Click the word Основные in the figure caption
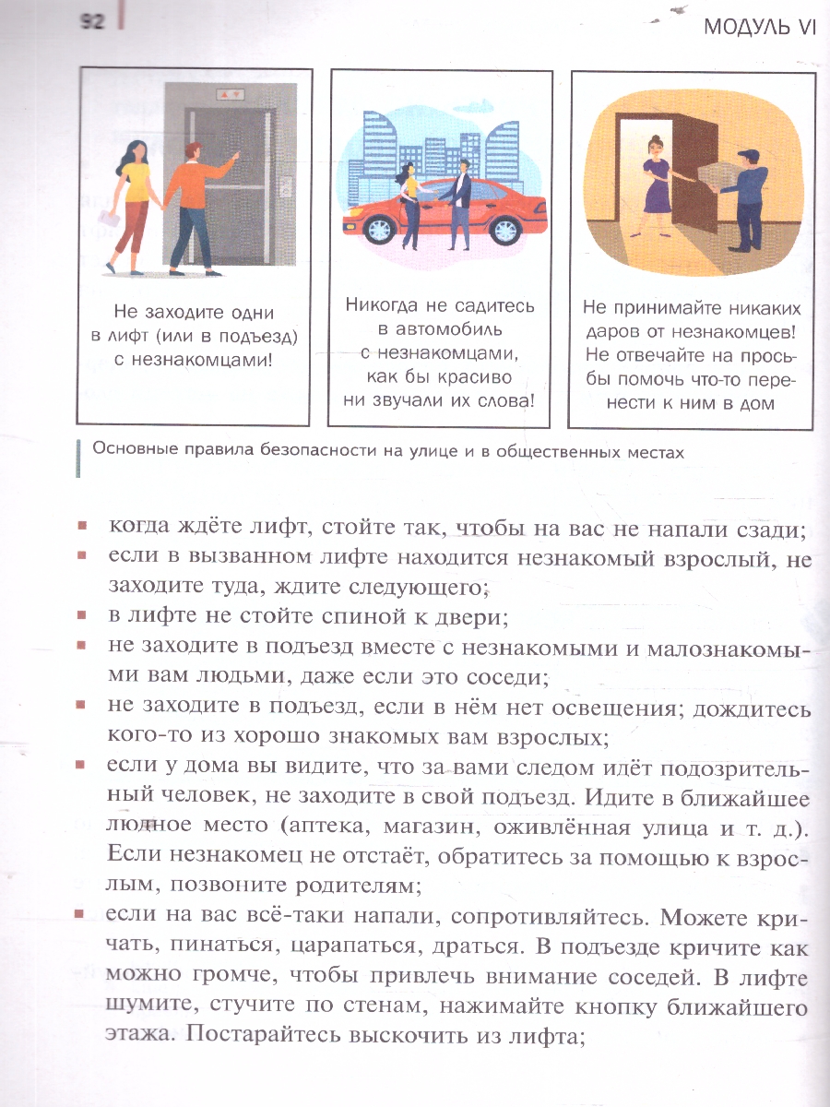[128, 452]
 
